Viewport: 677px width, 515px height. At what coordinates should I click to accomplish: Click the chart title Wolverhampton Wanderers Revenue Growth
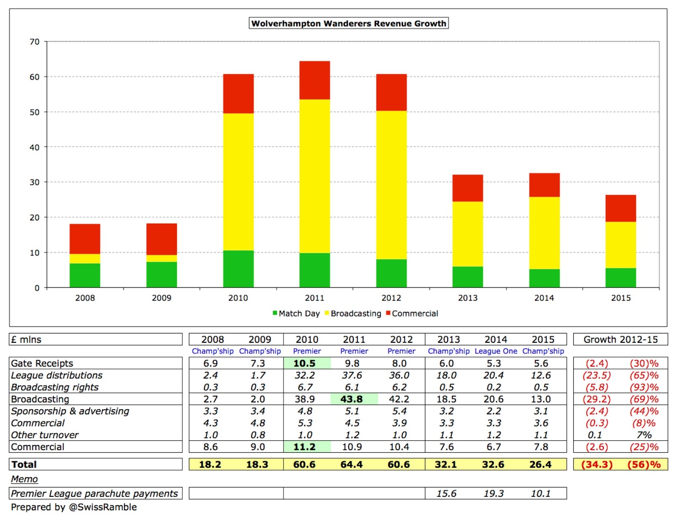349,23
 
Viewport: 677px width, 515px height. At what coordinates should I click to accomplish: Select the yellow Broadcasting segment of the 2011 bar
314,176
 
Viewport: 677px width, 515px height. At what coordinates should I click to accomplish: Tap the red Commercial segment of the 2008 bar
85,239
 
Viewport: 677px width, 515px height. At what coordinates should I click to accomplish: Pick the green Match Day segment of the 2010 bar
238,269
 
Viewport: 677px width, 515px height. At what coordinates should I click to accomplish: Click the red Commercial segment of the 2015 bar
621,208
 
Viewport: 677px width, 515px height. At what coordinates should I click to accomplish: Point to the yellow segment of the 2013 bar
468,234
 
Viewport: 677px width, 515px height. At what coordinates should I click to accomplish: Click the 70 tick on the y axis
35,42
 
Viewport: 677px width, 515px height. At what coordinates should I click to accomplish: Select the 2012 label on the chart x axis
391,298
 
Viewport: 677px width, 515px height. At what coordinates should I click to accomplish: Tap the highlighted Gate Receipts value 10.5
305,364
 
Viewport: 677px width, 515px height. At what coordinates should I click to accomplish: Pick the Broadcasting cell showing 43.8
352,399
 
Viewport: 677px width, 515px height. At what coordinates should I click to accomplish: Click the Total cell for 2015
540,464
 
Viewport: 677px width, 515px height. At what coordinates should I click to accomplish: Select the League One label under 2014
495,351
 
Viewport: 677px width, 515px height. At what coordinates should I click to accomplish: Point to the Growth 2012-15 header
620,339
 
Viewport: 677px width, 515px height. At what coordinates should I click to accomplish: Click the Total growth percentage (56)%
644,464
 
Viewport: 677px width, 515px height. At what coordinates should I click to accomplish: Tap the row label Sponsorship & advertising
70,411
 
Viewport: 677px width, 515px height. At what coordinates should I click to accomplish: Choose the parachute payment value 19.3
494,493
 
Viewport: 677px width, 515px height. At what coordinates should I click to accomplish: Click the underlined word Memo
25,479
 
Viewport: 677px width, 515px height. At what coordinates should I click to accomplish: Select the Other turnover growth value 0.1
595,435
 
